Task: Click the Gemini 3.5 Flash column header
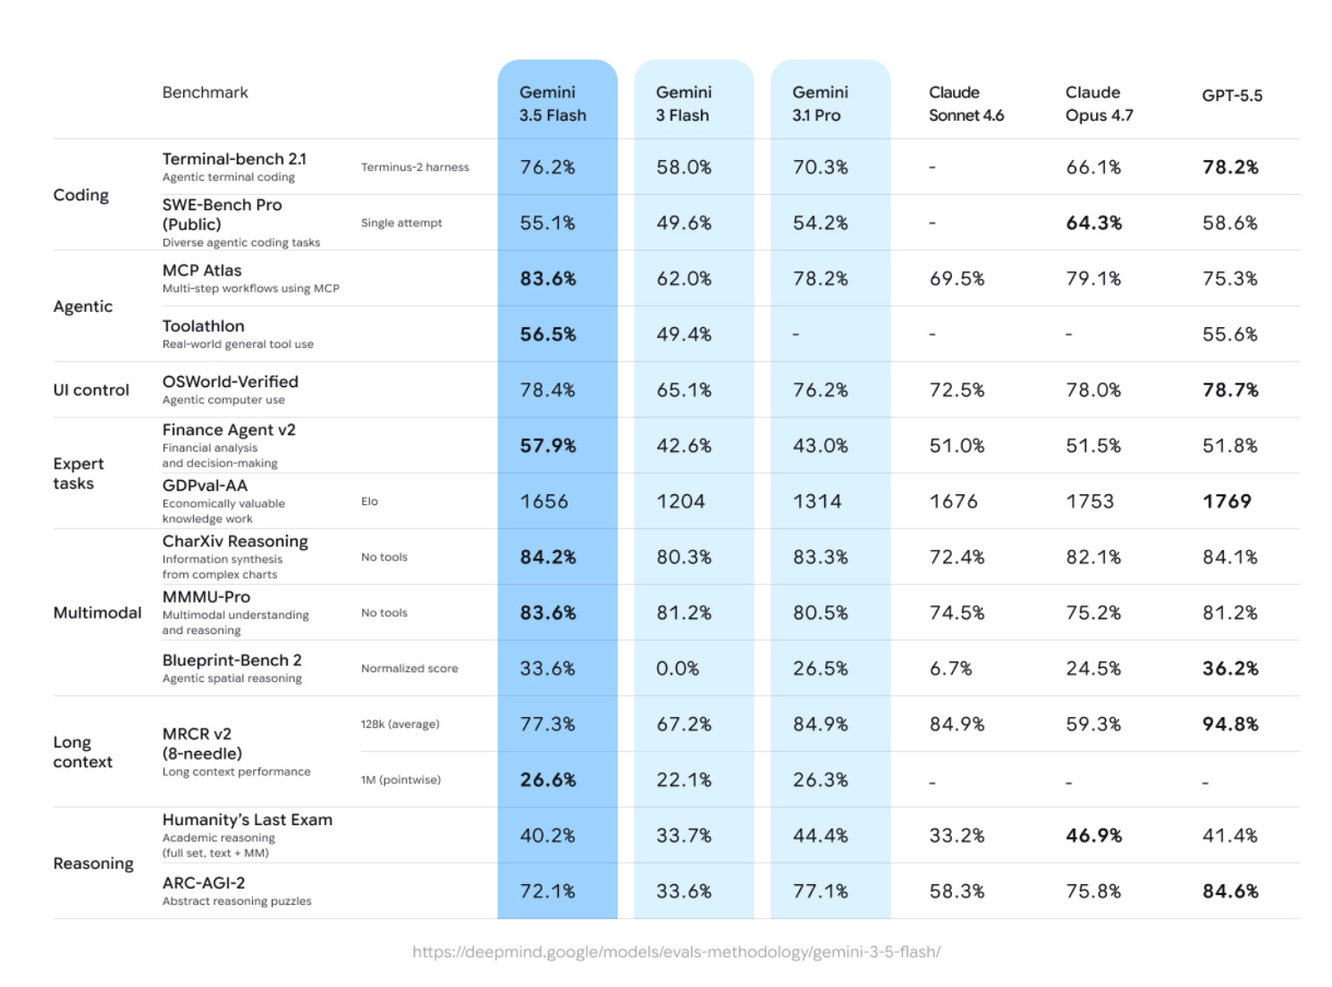(x=552, y=104)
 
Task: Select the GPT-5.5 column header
(x=1231, y=95)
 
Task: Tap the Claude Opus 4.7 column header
(x=1099, y=104)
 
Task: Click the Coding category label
(x=81, y=195)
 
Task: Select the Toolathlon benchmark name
(x=203, y=325)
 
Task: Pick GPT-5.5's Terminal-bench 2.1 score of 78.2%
(x=1229, y=167)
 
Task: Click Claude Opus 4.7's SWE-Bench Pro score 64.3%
(x=1093, y=223)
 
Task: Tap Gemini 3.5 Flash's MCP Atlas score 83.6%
(x=547, y=278)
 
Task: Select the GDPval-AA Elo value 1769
(x=1227, y=501)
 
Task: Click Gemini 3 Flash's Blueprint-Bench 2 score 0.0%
(x=677, y=668)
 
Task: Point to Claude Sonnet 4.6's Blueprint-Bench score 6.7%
(x=950, y=668)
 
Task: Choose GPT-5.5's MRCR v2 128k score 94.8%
(x=1229, y=723)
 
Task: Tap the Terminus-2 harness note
(x=415, y=167)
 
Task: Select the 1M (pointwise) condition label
(x=400, y=780)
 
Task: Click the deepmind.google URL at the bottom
(x=676, y=951)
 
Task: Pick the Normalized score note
(x=409, y=668)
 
